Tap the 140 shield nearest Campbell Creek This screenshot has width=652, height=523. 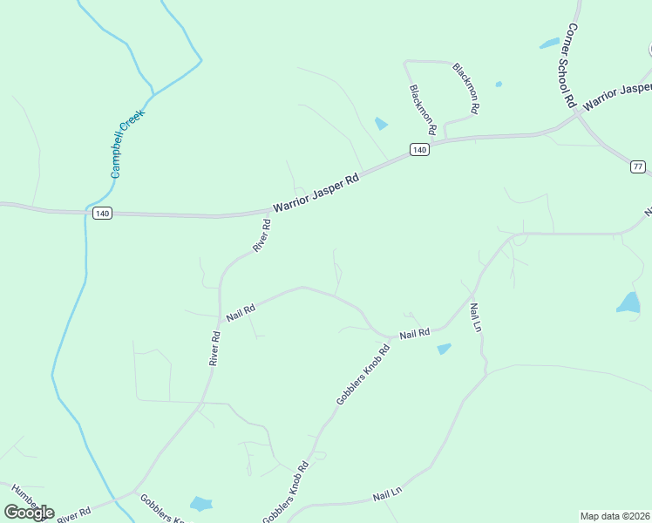pyautogui.click(x=102, y=214)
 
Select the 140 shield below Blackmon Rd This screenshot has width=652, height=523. pyautogui.click(x=419, y=150)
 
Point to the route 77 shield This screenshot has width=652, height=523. pyautogui.click(x=638, y=166)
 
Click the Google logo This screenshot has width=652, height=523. pyautogui.click(x=29, y=512)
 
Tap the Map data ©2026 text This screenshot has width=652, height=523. pyautogui.click(x=615, y=516)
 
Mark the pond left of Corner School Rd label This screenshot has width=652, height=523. pyautogui.click(x=549, y=43)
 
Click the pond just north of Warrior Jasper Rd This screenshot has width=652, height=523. pyautogui.click(x=381, y=124)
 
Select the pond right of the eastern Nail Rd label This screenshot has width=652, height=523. pyautogui.click(x=444, y=349)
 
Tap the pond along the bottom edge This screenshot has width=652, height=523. pyautogui.click(x=201, y=504)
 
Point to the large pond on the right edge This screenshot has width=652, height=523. pyautogui.click(x=628, y=302)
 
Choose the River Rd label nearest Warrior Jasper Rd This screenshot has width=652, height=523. pyautogui.click(x=261, y=235)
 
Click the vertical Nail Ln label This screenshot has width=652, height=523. pyautogui.click(x=475, y=317)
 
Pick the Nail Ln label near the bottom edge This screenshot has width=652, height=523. pyautogui.click(x=387, y=493)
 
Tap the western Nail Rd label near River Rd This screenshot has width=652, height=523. pyautogui.click(x=240, y=313)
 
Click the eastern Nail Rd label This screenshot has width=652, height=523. pyautogui.click(x=415, y=334)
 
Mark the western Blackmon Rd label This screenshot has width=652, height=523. pyautogui.click(x=421, y=103)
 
